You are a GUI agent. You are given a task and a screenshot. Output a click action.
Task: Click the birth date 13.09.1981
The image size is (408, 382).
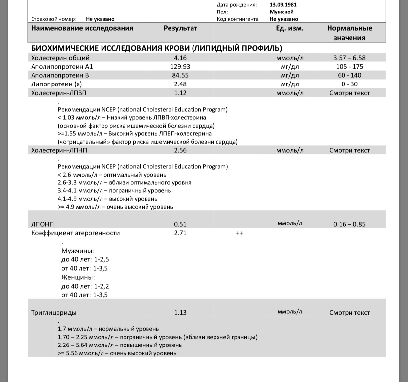[283, 5]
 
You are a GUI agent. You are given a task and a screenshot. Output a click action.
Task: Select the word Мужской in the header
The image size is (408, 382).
[282, 12]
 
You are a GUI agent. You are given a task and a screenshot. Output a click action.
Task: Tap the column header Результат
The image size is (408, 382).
[180, 28]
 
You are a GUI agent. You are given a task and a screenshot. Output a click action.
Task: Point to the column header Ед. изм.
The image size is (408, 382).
[290, 28]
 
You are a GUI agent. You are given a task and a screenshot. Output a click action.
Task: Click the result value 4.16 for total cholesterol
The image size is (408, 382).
[180, 58]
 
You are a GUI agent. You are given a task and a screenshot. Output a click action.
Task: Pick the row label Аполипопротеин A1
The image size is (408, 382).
[62, 67]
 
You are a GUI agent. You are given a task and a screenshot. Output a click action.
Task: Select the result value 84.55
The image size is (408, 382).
[180, 75]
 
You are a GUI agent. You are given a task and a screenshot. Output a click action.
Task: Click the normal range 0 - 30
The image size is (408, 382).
[350, 84]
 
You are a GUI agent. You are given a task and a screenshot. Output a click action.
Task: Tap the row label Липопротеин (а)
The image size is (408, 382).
[57, 84]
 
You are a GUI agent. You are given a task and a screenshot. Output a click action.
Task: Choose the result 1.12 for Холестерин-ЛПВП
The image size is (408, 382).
[180, 93]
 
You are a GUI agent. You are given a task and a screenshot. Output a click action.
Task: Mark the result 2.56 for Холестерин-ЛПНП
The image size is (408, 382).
[180, 150]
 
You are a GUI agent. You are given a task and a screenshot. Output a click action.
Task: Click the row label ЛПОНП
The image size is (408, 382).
[42, 224]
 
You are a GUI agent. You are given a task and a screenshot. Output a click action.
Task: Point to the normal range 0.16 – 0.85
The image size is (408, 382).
[349, 224]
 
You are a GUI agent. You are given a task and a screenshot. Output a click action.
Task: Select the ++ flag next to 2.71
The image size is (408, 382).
[239, 233]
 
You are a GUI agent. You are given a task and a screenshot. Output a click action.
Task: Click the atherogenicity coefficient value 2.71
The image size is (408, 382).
[180, 233]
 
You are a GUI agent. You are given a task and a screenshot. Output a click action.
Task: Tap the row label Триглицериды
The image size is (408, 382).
[54, 313]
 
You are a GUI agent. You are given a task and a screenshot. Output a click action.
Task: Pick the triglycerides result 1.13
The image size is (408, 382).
[180, 313]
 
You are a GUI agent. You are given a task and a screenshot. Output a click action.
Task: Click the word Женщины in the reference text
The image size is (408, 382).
[78, 277]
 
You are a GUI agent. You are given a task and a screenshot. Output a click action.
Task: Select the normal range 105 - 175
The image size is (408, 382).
[350, 67]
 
